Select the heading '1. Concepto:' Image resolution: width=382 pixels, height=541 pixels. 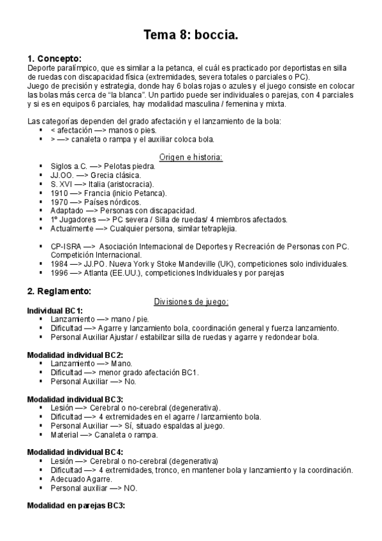(x=55, y=58)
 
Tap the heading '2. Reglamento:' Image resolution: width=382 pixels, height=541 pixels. (x=59, y=292)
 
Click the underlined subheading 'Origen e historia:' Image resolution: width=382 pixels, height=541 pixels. (x=190, y=156)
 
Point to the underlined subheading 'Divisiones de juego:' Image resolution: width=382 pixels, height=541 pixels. (x=191, y=301)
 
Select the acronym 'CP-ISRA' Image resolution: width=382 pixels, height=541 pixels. (x=65, y=246)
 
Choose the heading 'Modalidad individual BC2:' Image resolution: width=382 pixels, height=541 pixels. (x=75, y=354)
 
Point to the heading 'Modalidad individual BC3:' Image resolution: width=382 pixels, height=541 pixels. (x=75, y=399)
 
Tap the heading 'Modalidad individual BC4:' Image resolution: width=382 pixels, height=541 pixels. (x=75, y=452)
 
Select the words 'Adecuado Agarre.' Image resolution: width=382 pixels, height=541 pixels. (x=81, y=479)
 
